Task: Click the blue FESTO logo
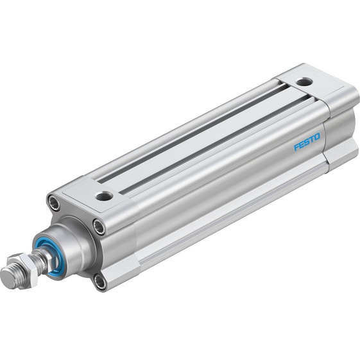307,142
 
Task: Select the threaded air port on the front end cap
103,196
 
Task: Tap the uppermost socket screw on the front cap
54,204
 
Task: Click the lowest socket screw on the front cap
99,280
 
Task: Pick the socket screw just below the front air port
98,227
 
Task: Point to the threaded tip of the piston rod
9,276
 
